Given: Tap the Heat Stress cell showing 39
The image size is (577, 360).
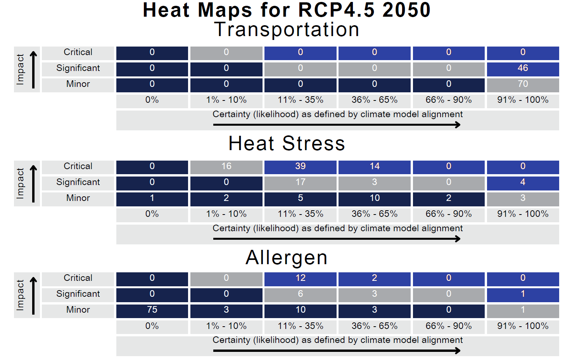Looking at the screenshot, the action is [301, 167].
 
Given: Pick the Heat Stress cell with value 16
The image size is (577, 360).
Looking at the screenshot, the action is [226, 167].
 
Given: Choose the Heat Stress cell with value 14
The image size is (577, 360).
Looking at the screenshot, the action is [374, 167].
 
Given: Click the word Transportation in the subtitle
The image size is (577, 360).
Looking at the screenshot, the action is [287, 29].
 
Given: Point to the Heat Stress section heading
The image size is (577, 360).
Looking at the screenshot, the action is [287, 143].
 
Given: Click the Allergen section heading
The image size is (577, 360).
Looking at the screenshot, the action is [287, 258].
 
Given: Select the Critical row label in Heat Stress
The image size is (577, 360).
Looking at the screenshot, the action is [78, 166].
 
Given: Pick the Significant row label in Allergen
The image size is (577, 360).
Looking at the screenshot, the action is [78, 294].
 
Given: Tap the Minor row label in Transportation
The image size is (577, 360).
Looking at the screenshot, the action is [78, 84].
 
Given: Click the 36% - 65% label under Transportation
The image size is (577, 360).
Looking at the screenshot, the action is [374, 100].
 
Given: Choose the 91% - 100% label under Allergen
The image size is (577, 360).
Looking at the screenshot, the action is [523, 326].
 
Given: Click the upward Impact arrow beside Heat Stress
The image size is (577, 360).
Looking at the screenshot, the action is [33, 183].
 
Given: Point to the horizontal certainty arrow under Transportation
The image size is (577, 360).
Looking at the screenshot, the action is [337, 125].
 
